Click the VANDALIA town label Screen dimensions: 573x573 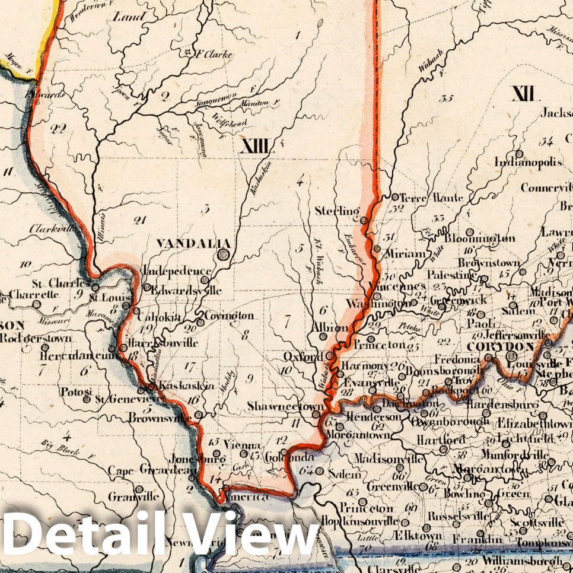pyautogui.click(x=184, y=243)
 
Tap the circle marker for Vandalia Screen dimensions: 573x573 pyautogui.click(x=224, y=255)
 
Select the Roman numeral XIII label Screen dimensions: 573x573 pyautogui.click(x=256, y=146)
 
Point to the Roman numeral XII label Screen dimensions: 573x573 pyautogui.click(x=524, y=93)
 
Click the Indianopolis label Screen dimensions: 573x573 pyautogui.click(x=529, y=162)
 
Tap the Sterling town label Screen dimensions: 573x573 pyautogui.click(x=337, y=211)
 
